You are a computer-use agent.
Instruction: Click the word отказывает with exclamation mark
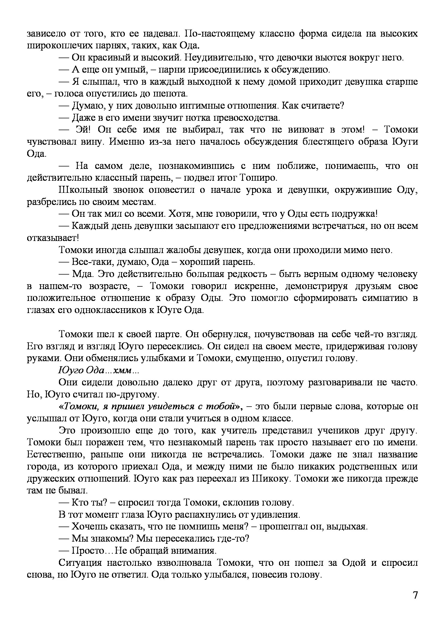click(53, 238)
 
